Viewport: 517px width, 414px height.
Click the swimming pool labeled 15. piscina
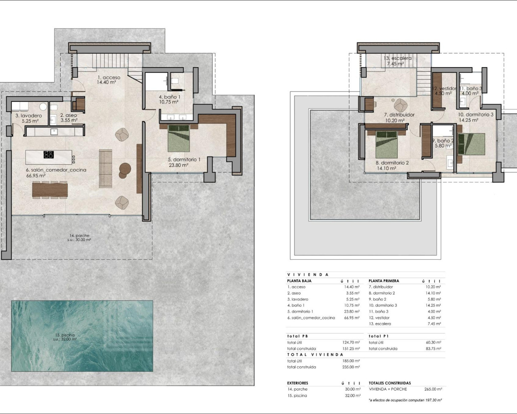point(82,336)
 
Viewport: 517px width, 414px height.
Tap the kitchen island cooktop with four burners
point(48,154)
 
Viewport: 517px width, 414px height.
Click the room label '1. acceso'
point(108,78)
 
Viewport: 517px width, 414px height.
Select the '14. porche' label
point(79,236)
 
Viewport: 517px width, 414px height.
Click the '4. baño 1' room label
point(169,97)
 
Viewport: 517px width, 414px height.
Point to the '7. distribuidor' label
point(399,115)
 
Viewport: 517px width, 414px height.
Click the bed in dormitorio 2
point(387,144)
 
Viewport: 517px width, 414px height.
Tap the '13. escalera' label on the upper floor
point(397,58)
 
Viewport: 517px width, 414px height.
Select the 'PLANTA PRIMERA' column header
point(384,281)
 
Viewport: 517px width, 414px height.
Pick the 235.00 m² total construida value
point(351,367)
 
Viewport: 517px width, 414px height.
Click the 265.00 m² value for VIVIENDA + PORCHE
point(433,389)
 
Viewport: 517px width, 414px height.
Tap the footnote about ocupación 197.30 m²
point(405,400)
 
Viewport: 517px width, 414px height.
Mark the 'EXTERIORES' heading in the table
point(298,383)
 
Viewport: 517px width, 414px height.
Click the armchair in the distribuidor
point(400,105)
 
